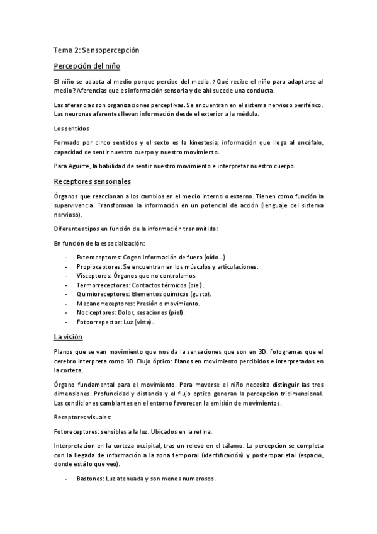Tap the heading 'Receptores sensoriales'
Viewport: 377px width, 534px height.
(92, 182)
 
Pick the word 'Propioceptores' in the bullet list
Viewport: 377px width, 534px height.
(97, 267)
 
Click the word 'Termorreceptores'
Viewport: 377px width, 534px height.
(99, 285)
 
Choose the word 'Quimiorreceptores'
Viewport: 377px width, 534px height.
(101, 294)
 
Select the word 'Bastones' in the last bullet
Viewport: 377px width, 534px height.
(89, 479)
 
